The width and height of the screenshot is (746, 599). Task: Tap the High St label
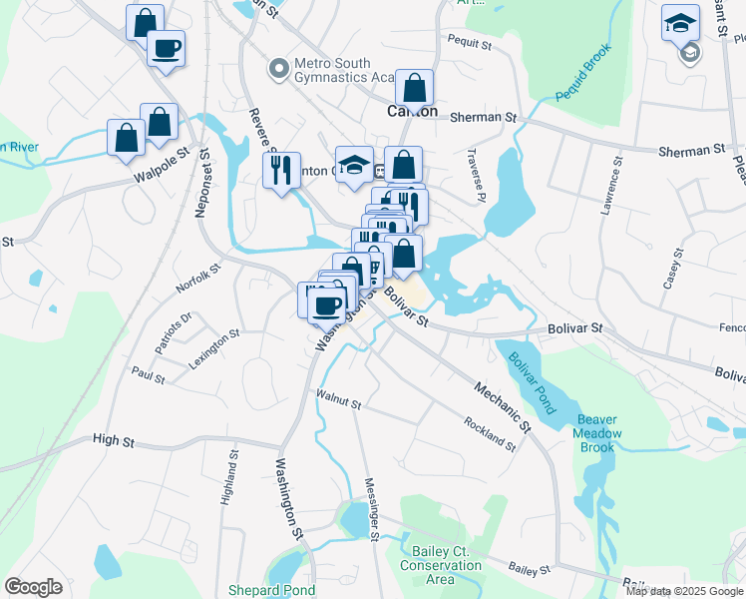click(x=113, y=439)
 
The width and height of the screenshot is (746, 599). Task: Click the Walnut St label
click(x=337, y=400)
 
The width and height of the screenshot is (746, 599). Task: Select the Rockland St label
click(x=489, y=432)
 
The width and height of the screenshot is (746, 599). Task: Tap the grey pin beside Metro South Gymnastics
click(x=278, y=70)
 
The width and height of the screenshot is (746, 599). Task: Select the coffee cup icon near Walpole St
click(x=166, y=48)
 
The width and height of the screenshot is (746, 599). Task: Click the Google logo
click(x=33, y=586)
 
